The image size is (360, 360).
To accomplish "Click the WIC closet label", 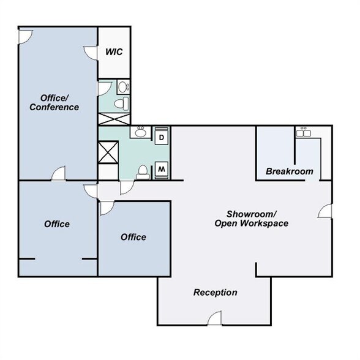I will [114, 51].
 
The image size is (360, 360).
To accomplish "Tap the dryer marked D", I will [162, 138].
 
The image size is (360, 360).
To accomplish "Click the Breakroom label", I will [290, 171].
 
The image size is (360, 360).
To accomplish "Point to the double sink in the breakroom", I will [303, 132].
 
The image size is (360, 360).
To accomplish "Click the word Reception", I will [216, 293].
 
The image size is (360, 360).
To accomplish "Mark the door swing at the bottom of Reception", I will [214, 318].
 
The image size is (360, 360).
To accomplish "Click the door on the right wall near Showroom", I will [324, 211].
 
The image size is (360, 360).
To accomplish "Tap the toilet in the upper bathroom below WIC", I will [125, 102].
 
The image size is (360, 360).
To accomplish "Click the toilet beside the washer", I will [142, 171].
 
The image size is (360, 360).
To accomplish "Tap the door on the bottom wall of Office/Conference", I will [59, 174].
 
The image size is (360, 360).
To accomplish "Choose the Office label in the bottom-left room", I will [57, 224].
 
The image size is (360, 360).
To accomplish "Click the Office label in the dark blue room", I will [133, 237].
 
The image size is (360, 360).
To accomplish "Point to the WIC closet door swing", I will [92, 53].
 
